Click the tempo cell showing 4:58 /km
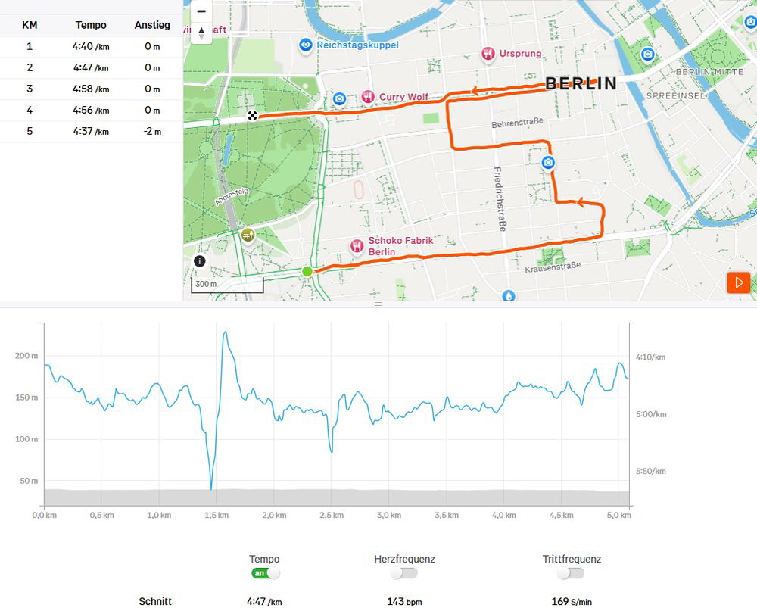[91, 89]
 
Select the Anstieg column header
[152, 25]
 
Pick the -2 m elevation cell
[153, 131]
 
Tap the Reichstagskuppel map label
[358, 45]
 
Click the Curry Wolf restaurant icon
[368, 97]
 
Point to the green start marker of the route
[307, 271]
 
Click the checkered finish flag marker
[252, 115]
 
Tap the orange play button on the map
[739, 282]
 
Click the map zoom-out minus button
[201, 11]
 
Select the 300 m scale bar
[227, 285]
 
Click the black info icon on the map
[199, 261]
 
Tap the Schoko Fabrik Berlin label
[400, 246]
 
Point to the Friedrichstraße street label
[499, 199]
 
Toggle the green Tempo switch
[265, 573]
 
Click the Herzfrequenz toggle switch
[403, 573]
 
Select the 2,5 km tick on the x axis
[332, 516]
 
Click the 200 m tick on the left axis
[26, 356]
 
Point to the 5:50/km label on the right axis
[651, 471]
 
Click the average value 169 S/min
[572, 602]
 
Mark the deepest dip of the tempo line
[211, 488]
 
